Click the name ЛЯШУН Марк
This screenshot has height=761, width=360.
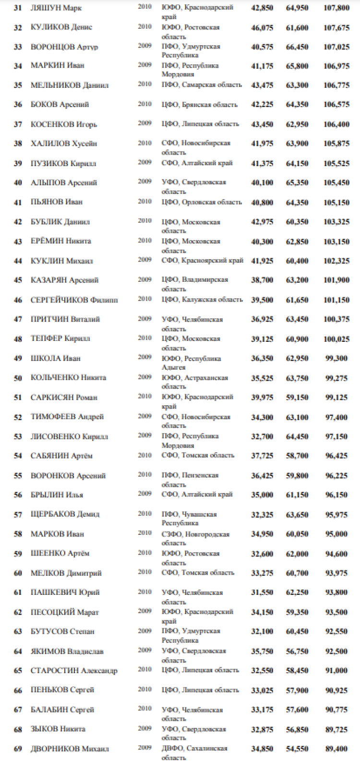click(x=56, y=8)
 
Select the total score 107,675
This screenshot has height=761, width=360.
click(x=336, y=28)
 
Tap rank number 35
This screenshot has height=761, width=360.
click(x=18, y=85)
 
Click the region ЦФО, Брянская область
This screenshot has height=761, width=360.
click(x=199, y=105)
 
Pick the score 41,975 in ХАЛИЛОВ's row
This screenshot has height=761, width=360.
click(x=262, y=144)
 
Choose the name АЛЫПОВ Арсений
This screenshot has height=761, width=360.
click(x=63, y=183)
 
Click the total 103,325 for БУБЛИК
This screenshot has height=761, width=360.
click(x=336, y=222)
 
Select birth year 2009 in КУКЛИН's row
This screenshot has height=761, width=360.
click(x=144, y=260)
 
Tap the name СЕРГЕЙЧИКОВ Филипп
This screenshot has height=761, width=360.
click(x=74, y=300)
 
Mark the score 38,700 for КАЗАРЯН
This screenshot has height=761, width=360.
click(x=262, y=280)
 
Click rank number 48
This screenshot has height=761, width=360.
click(x=18, y=339)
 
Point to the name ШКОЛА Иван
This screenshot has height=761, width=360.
click(x=55, y=358)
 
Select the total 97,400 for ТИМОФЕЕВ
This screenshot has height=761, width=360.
click(x=336, y=417)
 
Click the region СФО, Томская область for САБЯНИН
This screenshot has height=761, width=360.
click(x=198, y=455)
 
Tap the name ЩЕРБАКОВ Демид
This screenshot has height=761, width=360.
click(x=65, y=514)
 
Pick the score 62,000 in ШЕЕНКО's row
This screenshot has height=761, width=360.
click(x=297, y=554)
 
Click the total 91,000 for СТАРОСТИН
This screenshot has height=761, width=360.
click(x=336, y=671)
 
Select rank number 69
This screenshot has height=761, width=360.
click(x=18, y=749)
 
